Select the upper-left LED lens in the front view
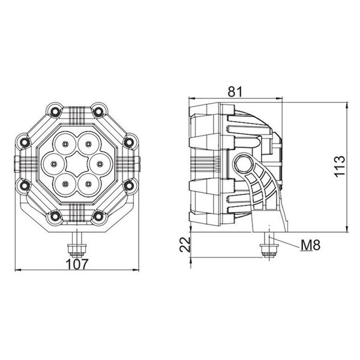(x=63, y=143)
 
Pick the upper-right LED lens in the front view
(x=89, y=143)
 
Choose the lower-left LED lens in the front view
(x=63, y=182)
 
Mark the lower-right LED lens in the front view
(x=89, y=182)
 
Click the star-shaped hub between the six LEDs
(x=76, y=163)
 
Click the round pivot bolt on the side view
(x=244, y=163)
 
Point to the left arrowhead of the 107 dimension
(x=15, y=269)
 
